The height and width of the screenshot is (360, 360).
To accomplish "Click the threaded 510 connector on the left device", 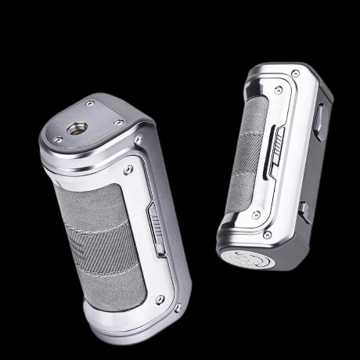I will [79, 124].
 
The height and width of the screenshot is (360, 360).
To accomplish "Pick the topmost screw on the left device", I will [91, 103].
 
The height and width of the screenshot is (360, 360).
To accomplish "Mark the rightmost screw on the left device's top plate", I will [119, 122].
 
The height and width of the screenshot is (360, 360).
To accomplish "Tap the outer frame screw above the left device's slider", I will [139, 140].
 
